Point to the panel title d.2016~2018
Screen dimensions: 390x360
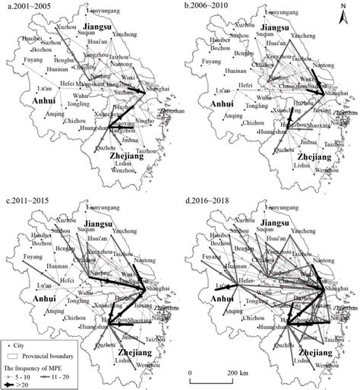click(x=206, y=198)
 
